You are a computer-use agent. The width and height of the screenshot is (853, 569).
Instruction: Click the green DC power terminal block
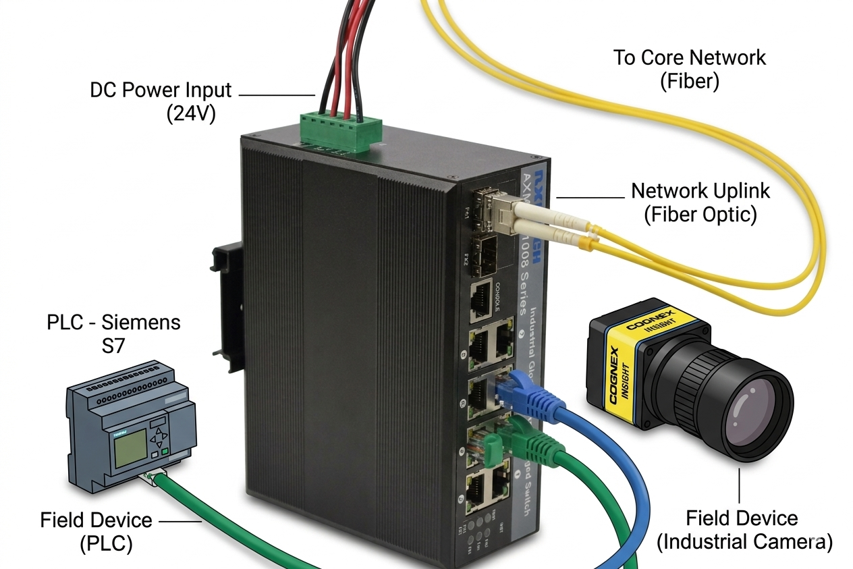pyautogui.click(x=340, y=128)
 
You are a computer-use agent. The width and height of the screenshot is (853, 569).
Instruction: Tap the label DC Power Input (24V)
pyautogui.click(x=161, y=101)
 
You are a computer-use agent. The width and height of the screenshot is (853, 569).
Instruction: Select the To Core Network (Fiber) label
pyautogui.click(x=689, y=69)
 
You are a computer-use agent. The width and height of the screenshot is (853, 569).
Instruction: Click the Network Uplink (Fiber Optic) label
pyautogui.click(x=700, y=202)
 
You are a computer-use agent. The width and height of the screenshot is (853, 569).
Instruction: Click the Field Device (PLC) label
pyautogui.click(x=96, y=531)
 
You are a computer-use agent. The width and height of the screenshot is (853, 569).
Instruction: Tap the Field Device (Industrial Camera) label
pyautogui.click(x=744, y=530)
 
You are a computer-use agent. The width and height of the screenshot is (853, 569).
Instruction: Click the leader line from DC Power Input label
pyautogui.click(x=277, y=95)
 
